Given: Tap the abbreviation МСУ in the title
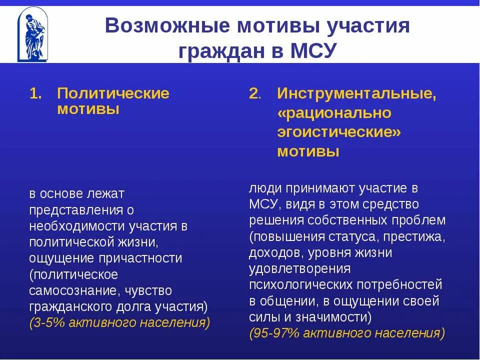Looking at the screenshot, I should [310, 51].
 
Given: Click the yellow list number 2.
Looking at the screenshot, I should [255, 93].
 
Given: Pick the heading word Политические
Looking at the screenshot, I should [113, 93].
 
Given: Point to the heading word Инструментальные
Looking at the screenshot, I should [356, 93].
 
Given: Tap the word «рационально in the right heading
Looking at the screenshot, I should [334, 113].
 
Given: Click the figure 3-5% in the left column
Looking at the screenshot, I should [47, 322].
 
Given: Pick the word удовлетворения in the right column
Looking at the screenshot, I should [299, 269].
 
